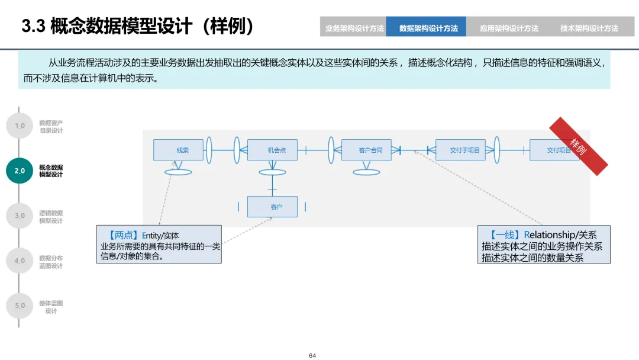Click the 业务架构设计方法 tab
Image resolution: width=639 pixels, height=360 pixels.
(x=354, y=28)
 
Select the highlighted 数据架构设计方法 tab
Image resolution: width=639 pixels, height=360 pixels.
(x=428, y=28)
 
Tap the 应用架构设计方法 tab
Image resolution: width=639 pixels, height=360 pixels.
(x=509, y=28)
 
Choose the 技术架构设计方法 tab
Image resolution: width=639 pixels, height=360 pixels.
(x=589, y=28)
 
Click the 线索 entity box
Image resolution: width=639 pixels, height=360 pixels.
(x=178, y=150)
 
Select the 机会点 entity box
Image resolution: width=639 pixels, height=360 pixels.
(x=272, y=150)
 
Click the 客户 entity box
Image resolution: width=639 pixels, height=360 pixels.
(x=272, y=207)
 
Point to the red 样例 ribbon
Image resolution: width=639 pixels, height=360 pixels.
(x=579, y=146)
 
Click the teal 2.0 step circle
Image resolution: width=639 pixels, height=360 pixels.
(x=20, y=171)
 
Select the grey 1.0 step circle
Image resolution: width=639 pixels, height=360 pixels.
(x=20, y=126)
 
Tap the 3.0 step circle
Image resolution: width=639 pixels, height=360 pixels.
(x=20, y=216)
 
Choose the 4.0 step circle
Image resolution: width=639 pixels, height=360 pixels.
(x=20, y=261)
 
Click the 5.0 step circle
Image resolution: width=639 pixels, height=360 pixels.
(x=20, y=306)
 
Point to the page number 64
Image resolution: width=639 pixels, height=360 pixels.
(x=312, y=355)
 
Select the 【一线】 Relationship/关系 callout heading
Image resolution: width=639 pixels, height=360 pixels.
(x=544, y=234)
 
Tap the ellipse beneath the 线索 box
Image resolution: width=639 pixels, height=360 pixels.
(x=178, y=172)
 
